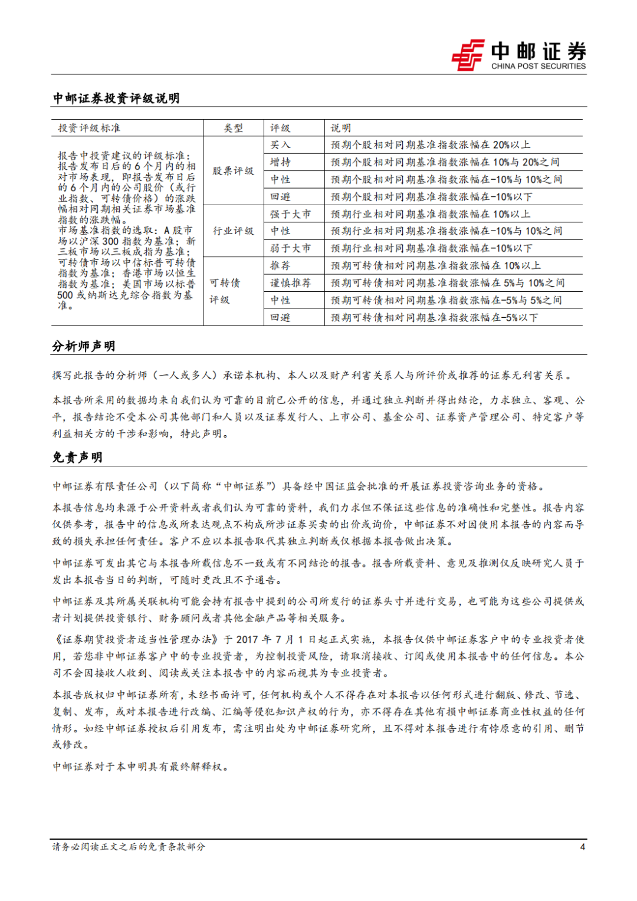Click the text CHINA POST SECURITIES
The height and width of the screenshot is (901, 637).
[539, 67]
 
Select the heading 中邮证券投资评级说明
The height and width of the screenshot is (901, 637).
[116, 98]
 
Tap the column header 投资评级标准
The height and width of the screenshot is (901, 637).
[89, 128]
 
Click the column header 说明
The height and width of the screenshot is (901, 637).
[341, 128]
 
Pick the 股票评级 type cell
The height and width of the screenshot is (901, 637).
[233, 171]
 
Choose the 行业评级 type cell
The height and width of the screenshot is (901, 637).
[233, 231]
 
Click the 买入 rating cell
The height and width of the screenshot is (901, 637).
[280, 145]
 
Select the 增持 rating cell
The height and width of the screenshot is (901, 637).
[280, 162]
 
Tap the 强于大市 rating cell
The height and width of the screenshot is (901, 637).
[290, 214]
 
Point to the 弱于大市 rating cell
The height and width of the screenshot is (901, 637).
[290, 248]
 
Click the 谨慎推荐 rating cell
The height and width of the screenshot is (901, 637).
[290, 283]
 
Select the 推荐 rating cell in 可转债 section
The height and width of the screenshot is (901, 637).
[280, 266]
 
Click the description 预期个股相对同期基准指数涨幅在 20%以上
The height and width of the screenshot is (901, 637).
[431, 145]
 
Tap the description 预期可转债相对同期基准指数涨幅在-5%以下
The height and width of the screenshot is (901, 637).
[435, 318]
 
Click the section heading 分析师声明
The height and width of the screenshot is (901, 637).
[83, 346]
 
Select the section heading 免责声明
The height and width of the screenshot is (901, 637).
[77, 458]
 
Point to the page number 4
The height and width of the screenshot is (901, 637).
[583, 847]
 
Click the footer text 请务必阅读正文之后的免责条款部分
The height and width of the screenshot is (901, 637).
[129, 847]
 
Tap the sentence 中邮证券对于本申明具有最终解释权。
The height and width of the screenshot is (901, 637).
[140, 767]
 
